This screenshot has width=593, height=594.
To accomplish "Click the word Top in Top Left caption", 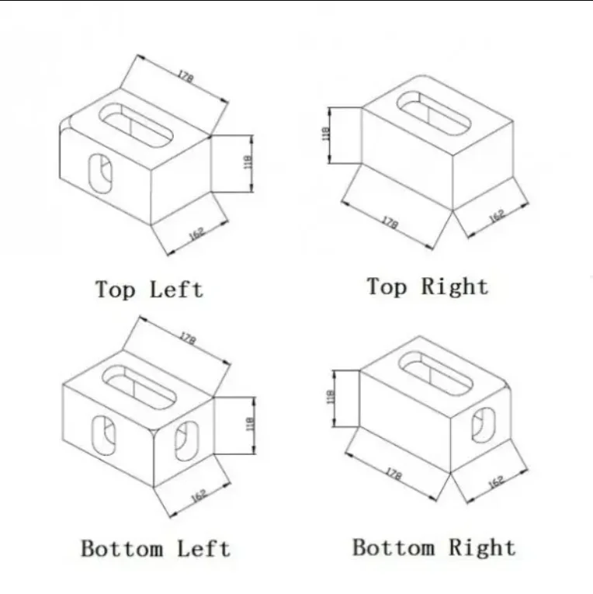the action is tap(115, 290).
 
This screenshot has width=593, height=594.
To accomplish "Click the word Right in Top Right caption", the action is tap(455, 287).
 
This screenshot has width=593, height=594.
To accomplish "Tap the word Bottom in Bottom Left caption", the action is tap(123, 549).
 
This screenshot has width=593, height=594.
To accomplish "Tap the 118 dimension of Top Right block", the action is tap(326, 134).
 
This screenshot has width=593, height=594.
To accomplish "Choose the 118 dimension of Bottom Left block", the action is tap(249, 425).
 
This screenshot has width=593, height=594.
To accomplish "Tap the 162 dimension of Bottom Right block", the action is tap(497, 481).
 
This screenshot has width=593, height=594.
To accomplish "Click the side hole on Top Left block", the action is tap(99, 171).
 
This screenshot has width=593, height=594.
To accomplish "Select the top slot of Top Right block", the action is tap(428, 112).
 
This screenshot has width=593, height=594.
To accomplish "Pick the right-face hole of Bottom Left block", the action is tap(186, 440).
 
